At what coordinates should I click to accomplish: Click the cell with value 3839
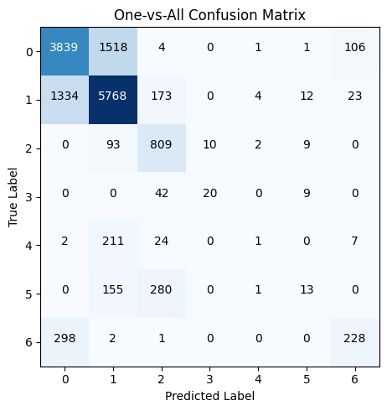tap(64, 47)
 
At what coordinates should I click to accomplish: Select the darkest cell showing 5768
tap(113, 96)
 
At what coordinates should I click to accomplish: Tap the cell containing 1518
tap(113, 47)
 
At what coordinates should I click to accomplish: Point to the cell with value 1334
tap(64, 96)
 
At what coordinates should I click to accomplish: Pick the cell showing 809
tap(162, 144)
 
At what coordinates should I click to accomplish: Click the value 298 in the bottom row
tap(64, 339)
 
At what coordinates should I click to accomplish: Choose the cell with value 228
tap(355, 339)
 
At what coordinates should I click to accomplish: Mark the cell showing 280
tap(162, 290)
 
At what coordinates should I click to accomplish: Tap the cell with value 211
tap(113, 242)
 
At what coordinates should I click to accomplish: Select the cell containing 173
tap(162, 96)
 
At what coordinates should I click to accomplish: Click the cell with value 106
tap(355, 47)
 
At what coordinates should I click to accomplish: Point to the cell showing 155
tap(113, 290)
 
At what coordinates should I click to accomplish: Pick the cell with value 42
tap(162, 193)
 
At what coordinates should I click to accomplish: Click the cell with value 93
tap(113, 144)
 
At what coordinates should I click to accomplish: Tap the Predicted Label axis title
tap(209, 396)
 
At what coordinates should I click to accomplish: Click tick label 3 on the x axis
tap(210, 379)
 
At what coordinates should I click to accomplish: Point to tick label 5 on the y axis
tap(29, 290)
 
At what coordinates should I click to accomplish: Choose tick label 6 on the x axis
tap(355, 379)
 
